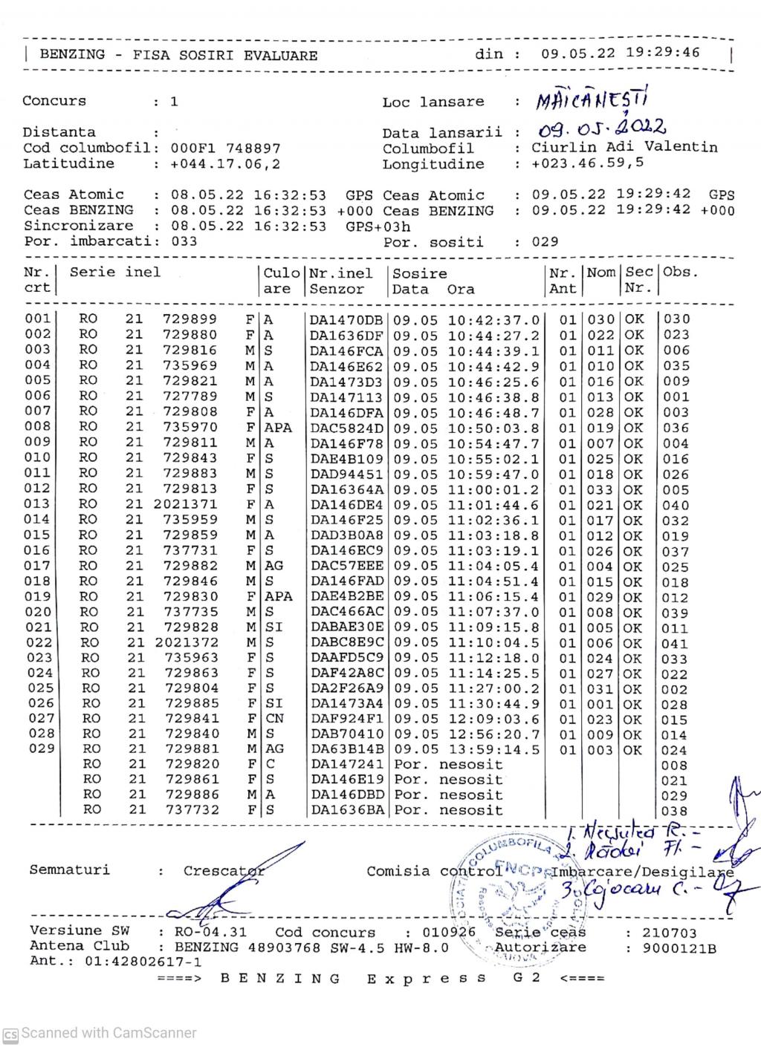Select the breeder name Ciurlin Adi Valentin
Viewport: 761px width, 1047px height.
(x=624, y=147)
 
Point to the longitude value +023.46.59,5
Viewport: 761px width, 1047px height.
(x=588, y=163)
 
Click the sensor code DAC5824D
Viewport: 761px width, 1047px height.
(x=346, y=428)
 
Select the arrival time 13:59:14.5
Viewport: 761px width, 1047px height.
(x=493, y=749)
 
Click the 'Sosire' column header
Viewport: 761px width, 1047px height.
(x=420, y=273)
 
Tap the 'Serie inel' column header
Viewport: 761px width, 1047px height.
(x=114, y=272)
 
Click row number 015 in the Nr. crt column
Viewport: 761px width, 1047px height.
(x=39, y=535)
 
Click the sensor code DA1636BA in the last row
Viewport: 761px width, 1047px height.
(x=346, y=811)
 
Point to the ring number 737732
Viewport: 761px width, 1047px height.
(x=191, y=810)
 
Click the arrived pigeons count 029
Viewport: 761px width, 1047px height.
(x=545, y=242)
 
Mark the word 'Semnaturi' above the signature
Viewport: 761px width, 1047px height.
(x=69, y=870)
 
